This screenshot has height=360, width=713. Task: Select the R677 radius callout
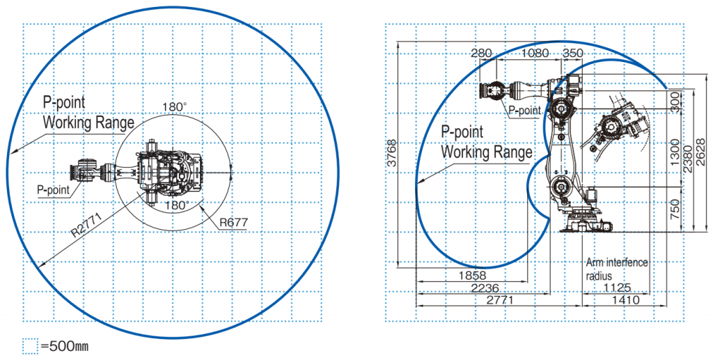click(x=234, y=222)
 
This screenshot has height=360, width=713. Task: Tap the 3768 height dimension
click(x=392, y=153)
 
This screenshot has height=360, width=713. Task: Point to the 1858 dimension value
click(x=472, y=275)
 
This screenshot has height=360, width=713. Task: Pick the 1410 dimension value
click(x=625, y=300)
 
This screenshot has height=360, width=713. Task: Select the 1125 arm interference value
click(x=617, y=288)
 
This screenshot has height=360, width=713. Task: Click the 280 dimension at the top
click(x=482, y=53)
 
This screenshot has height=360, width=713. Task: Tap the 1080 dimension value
click(x=535, y=53)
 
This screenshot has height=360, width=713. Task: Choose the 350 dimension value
click(x=572, y=53)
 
